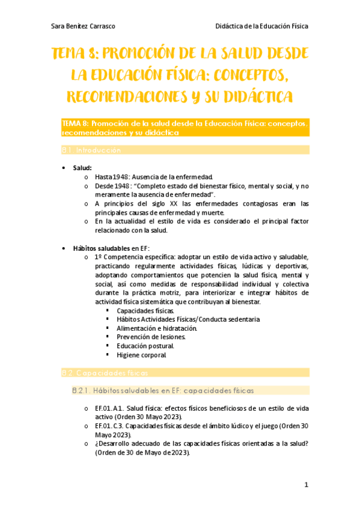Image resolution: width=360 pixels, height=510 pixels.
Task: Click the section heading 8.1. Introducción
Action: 91,150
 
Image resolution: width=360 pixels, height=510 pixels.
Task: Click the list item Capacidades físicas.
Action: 145,310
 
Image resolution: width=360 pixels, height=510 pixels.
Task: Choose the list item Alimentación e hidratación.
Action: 156,328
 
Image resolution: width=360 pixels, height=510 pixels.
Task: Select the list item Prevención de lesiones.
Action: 151,337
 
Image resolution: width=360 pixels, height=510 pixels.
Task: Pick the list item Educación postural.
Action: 145,346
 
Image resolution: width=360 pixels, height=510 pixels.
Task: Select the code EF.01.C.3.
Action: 109,426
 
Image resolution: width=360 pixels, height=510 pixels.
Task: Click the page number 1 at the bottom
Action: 306,485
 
